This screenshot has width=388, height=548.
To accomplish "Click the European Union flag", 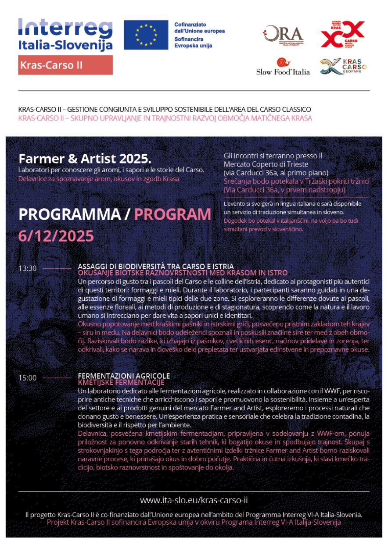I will pos(146,35).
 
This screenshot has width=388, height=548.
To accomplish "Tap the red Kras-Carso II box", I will pos(65,65).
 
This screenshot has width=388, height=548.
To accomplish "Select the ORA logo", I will pos(283,35).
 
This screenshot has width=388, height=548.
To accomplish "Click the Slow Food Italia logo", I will pos(283,67).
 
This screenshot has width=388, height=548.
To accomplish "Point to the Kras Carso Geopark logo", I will pos(343,67).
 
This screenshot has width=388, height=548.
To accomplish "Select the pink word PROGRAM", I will pos(172,214).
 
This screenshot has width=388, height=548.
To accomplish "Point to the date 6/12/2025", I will pos(56,236).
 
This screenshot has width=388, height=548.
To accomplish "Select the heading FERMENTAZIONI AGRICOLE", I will pos(124,376).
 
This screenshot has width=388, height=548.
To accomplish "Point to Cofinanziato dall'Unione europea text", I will pos(199,28).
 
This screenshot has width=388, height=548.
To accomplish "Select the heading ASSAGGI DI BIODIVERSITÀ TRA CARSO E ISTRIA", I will pos(155,267).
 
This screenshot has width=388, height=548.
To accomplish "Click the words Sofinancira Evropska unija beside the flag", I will pos(193,42).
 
